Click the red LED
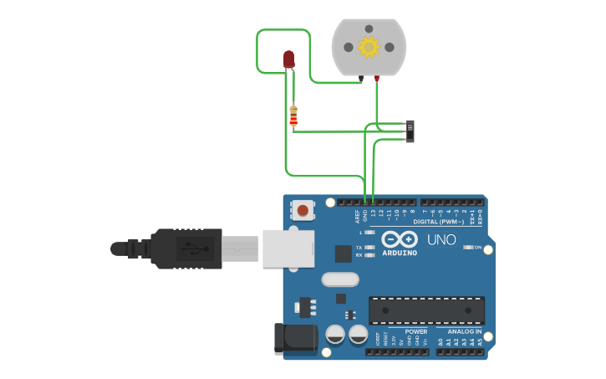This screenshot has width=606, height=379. tap(289, 59)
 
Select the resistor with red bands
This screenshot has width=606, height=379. tap(293, 117)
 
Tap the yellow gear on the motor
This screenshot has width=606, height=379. tap(369, 47)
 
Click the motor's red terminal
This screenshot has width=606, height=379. tap(376, 79)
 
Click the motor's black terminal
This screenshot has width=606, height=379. tap(361, 79)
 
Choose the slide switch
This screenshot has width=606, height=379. tap(410, 131)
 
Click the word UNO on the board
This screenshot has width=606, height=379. tap(441, 240)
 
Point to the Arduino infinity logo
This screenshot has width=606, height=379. tap(400, 239)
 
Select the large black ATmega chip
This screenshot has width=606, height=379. tap(426, 310)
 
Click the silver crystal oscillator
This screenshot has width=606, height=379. tap(339, 279)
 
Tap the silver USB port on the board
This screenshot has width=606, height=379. tap(288, 248)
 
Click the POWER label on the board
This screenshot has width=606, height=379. tap(415, 331)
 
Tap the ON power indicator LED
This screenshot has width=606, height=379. tap(468, 248)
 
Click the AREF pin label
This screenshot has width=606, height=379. tap(357, 215)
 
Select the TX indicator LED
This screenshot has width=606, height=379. tap(369, 248)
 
